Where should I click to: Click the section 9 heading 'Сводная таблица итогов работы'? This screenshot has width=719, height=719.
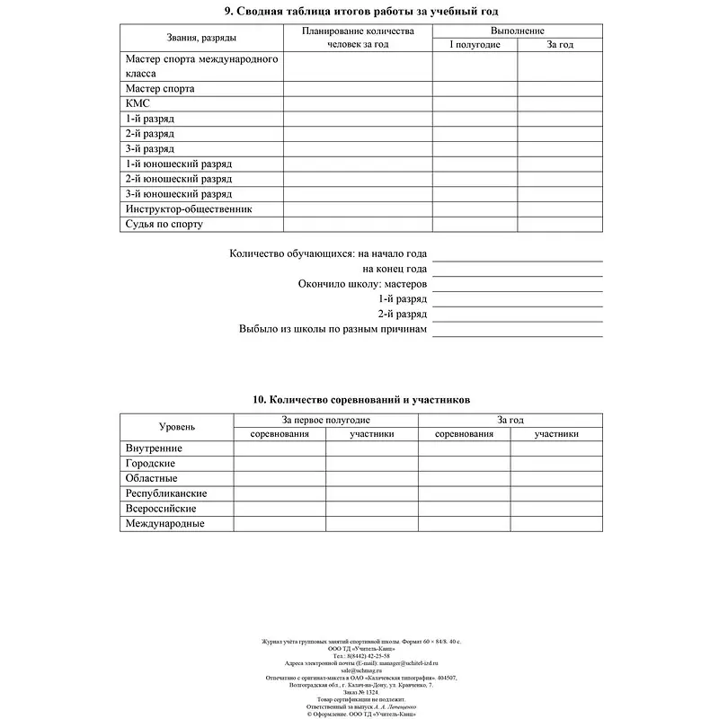[x=360, y=11]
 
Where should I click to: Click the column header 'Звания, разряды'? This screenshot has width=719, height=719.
[x=201, y=38]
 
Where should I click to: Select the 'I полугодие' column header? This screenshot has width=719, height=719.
[x=475, y=44]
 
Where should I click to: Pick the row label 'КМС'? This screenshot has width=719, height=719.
[x=138, y=104]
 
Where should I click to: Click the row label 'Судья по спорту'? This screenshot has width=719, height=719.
[x=164, y=225]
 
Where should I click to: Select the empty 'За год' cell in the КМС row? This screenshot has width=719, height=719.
[x=559, y=104]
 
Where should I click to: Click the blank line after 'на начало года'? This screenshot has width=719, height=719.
[x=517, y=255]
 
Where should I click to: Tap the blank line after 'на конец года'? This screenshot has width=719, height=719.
[x=517, y=270]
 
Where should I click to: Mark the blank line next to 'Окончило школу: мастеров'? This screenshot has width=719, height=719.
[x=517, y=285]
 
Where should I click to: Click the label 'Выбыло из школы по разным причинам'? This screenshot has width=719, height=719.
[x=333, y=330]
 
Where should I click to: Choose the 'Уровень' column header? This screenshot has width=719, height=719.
[x=177, y=427]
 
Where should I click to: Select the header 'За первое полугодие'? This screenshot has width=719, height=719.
[x=325, y=420]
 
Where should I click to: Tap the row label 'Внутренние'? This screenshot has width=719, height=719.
[x=154, y=448]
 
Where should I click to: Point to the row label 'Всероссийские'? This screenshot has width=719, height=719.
[x=161, y=509]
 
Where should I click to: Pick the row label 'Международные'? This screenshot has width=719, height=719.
[x=164, y=524]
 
